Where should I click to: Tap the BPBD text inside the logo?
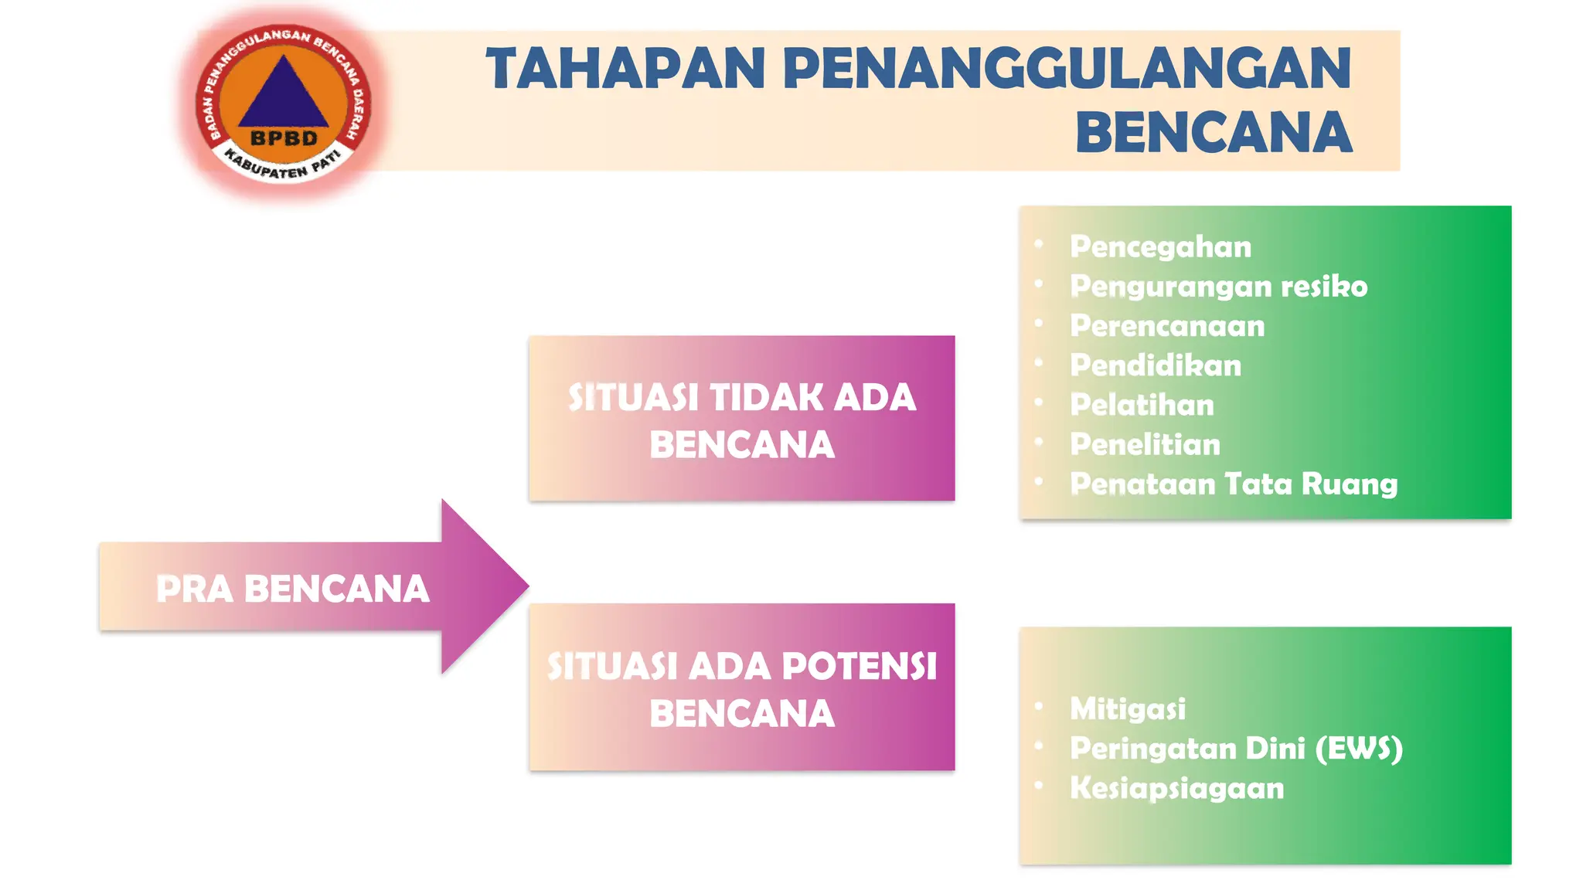click(x=284, y=138)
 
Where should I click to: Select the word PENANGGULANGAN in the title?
click(x=1067, y=69)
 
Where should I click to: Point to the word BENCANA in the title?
click(x=1214, y=132)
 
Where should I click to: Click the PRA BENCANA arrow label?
click(x=292, y=589)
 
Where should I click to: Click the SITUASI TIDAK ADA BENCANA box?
click(x=741, y=419)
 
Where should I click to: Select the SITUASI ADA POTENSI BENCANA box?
click(x=741, y=688)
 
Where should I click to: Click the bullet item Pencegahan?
click(x=1160, y=247)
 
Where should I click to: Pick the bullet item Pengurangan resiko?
click(x=1218, y=287)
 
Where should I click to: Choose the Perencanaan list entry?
click(x=1167, y=326)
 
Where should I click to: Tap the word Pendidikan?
click(x=1156, y=365)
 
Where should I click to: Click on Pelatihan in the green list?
click(x=1142, y=405)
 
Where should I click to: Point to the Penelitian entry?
click(x=1145, y=444)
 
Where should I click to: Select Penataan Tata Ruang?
click(x=1234, y=484)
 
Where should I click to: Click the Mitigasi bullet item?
click(x=1127, y=708)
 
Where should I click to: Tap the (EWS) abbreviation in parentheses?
click(x=1358, y=749)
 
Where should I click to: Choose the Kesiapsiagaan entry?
click(x=1176, y=788)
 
